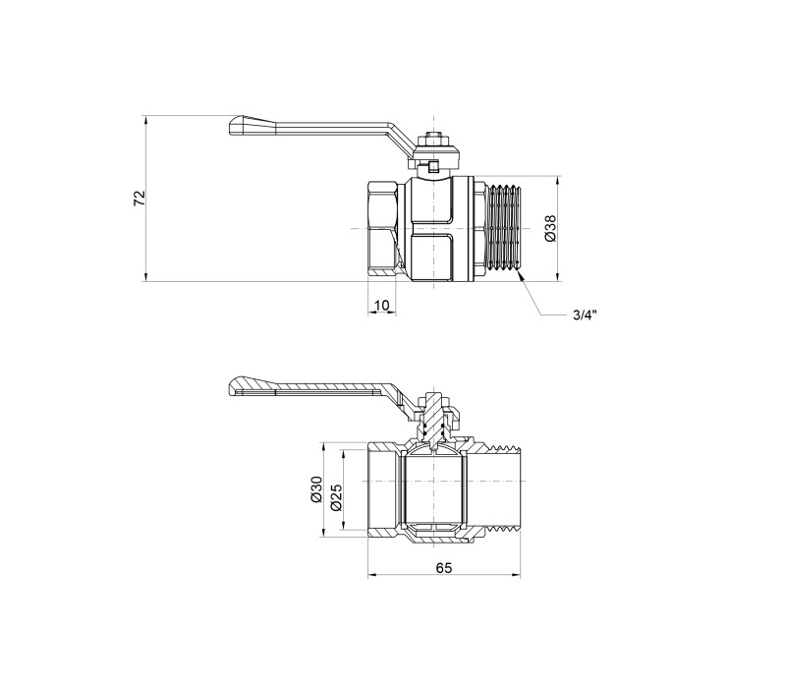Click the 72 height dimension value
point(139,199)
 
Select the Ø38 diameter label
point(550,228)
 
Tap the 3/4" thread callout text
point(585,315)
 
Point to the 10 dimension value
point(381,305)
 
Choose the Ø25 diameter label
point(336,497)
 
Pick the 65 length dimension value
point(444,568)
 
